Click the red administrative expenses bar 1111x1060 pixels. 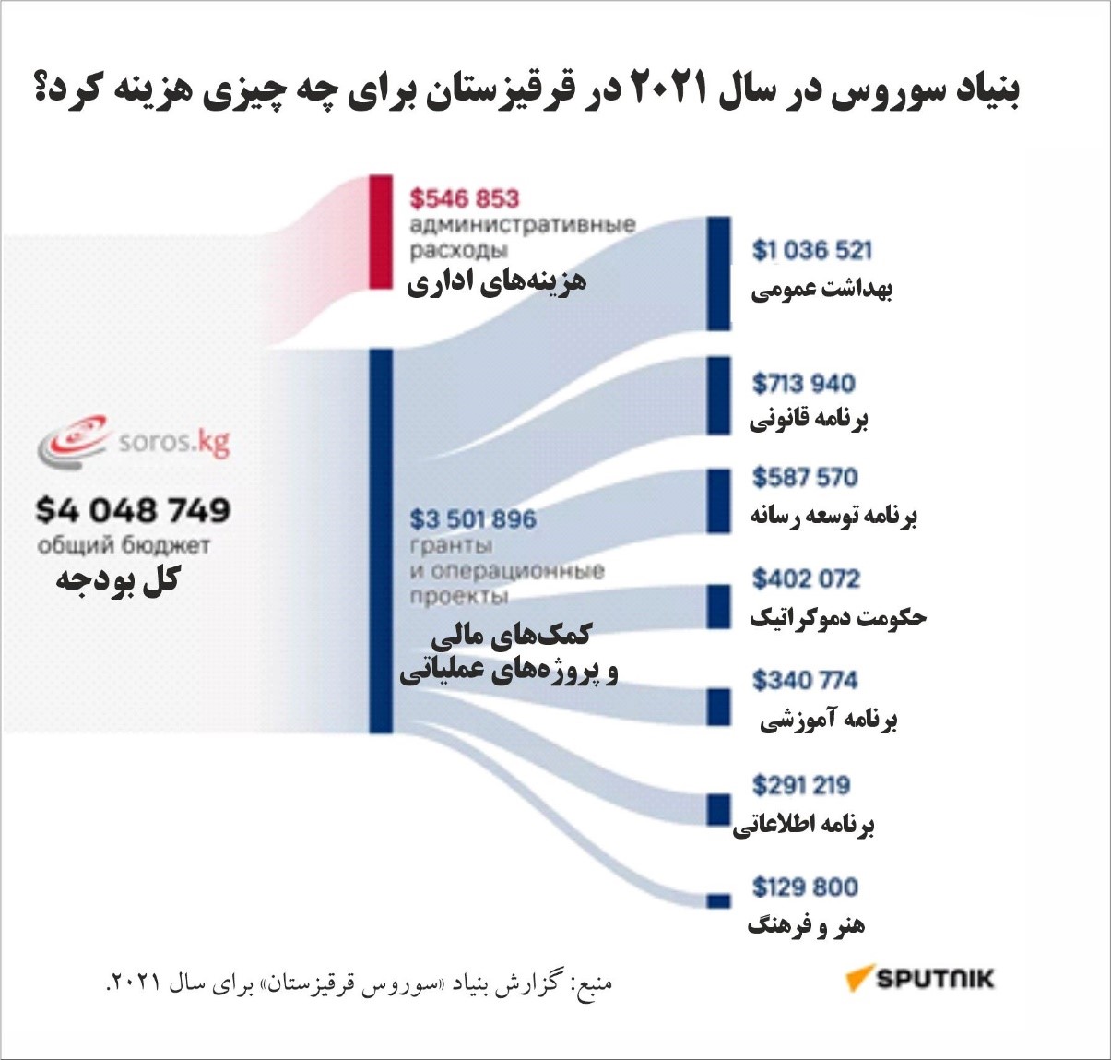click(x=381, y=232)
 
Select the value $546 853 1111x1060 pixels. click(x=465, y=198)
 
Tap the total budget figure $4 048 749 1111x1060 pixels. click(x=134, y=510)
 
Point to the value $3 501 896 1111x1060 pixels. click(x=473, y=519)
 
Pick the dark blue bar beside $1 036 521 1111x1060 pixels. click(x=719, y=274)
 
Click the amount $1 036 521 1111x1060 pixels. click(x=811, y=250)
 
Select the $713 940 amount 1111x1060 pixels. click(x=803, y=383)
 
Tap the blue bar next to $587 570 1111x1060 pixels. click(x=719, y=501)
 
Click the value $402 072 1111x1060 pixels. click(x=806, y=578)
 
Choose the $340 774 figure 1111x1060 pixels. click(x=805, y=680)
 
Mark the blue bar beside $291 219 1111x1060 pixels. click(x=719, y=809)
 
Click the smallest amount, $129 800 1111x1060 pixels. click(x=805, y=887)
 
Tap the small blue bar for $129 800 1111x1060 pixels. click(x=719, y=900)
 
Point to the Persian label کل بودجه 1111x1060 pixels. click(x=118, y=580)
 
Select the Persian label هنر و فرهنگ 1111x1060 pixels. click(x=806, y=924)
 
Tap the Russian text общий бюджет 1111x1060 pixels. click(x=124, y=545)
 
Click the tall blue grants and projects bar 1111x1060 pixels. click(x=381, y=541)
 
